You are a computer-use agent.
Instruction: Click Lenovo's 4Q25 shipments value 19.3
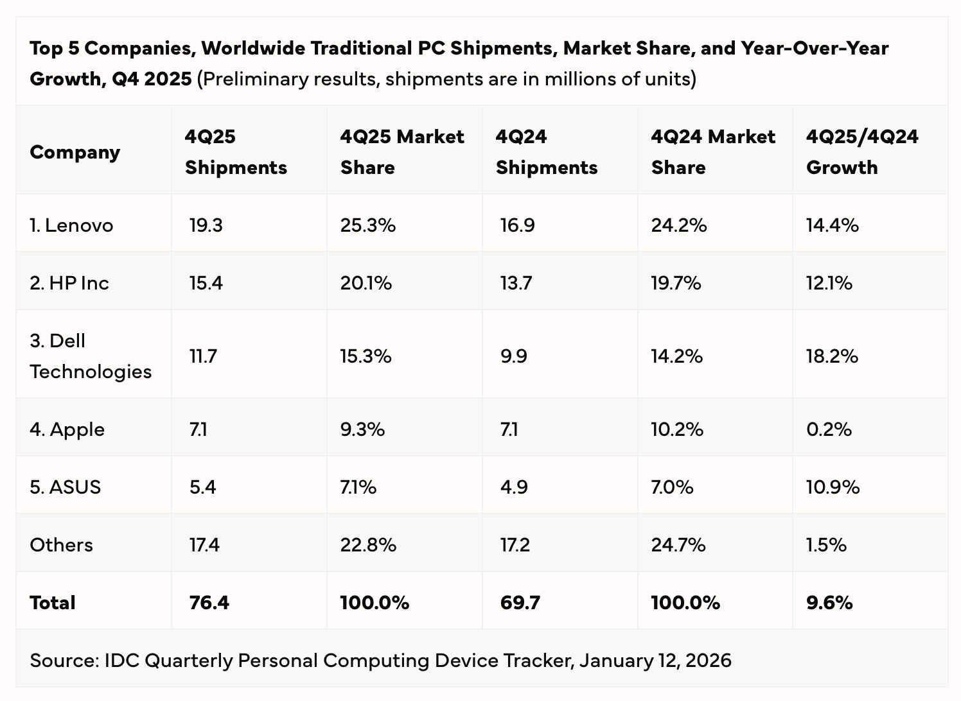pos(206,225)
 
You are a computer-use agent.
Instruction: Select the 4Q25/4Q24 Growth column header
pos(861,152)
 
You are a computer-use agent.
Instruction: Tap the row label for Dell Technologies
pos(90,356)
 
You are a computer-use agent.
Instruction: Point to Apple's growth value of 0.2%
pos(829,429)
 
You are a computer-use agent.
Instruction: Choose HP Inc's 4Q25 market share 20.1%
pos(366,283)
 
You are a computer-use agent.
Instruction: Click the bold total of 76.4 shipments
pos(209,603)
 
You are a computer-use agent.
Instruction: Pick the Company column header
pos(75,152)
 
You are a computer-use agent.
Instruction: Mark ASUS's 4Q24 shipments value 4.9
pos(514,487)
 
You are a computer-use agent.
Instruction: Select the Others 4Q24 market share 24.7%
pos(678,545)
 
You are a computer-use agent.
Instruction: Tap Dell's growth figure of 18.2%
pos(832,356)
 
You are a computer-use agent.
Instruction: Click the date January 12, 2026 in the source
pos(655,661)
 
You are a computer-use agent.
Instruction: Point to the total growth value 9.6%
pos(829,603)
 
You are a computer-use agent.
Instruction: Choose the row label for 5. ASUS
pos(65,487)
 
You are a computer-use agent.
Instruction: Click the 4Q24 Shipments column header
pos(546,152)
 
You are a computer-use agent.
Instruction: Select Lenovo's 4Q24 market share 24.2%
pos(678,225)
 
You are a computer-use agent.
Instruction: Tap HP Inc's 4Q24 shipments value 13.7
pos(516,283)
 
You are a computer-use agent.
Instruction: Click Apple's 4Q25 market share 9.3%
pos(362,429)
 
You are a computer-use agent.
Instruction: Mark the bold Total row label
pos(53,603)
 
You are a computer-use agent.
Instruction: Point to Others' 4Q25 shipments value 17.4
pos(204,545)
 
